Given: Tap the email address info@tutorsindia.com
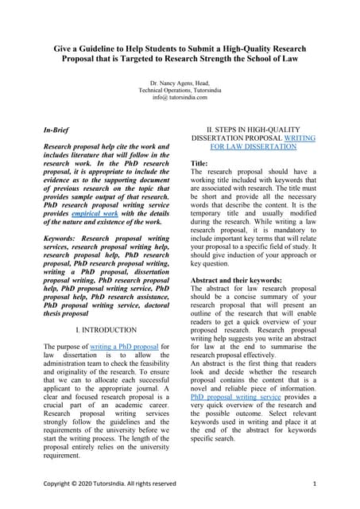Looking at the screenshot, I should point(179,98).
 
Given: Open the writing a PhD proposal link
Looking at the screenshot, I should point(127,347).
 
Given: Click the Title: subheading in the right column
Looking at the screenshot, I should point(199,163).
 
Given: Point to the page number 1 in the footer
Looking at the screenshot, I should point(315,483).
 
